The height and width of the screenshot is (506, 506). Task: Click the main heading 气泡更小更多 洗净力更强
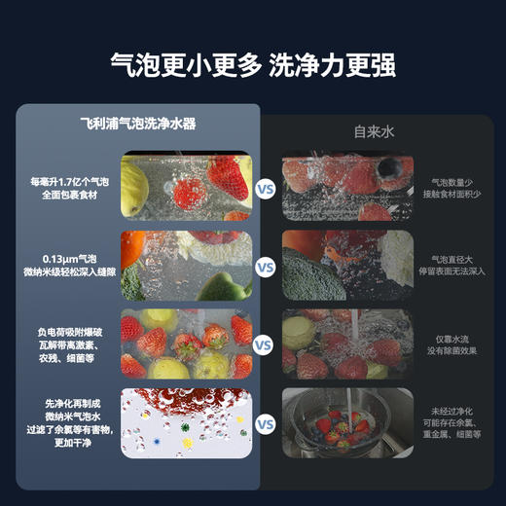pos(252,65)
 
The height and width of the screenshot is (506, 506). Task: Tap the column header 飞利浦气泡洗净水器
pos(138,125)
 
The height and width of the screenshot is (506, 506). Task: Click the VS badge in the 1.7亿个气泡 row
pos(265,188)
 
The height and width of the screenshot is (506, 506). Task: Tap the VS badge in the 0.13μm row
pos(265,266)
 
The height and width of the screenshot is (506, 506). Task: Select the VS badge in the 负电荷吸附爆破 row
pos(265,343)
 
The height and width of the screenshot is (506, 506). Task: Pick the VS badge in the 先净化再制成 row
pos(265,423)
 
